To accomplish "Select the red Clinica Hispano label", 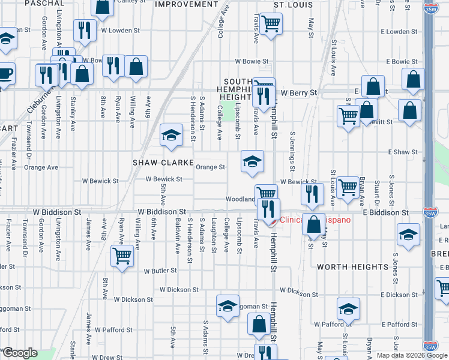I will coord(315,220).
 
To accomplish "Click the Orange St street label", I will coord(210,167).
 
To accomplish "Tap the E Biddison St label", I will coord(385,212).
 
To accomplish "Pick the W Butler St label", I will coord(160,271).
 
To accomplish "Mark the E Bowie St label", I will coord(402,62).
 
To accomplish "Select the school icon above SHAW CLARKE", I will coord(171,134).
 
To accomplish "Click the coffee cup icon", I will coord(5,74).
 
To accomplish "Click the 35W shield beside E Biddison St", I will coord(429,212).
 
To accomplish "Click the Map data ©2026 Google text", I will coord(411,355).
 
